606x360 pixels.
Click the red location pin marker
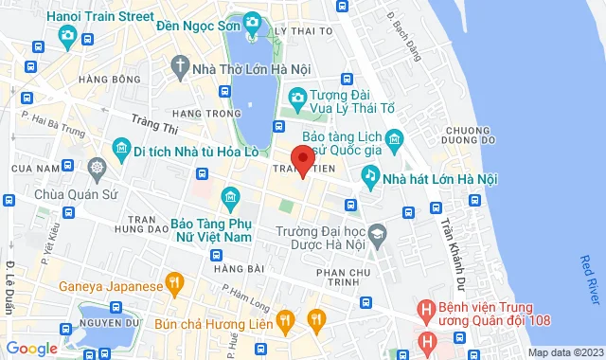[302, 159]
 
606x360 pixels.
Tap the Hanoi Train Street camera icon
[67, 36]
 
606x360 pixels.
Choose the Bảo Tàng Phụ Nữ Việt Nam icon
[229, 198]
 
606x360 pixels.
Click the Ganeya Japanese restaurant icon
[174, 282]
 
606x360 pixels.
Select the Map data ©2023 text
[564, 352]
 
